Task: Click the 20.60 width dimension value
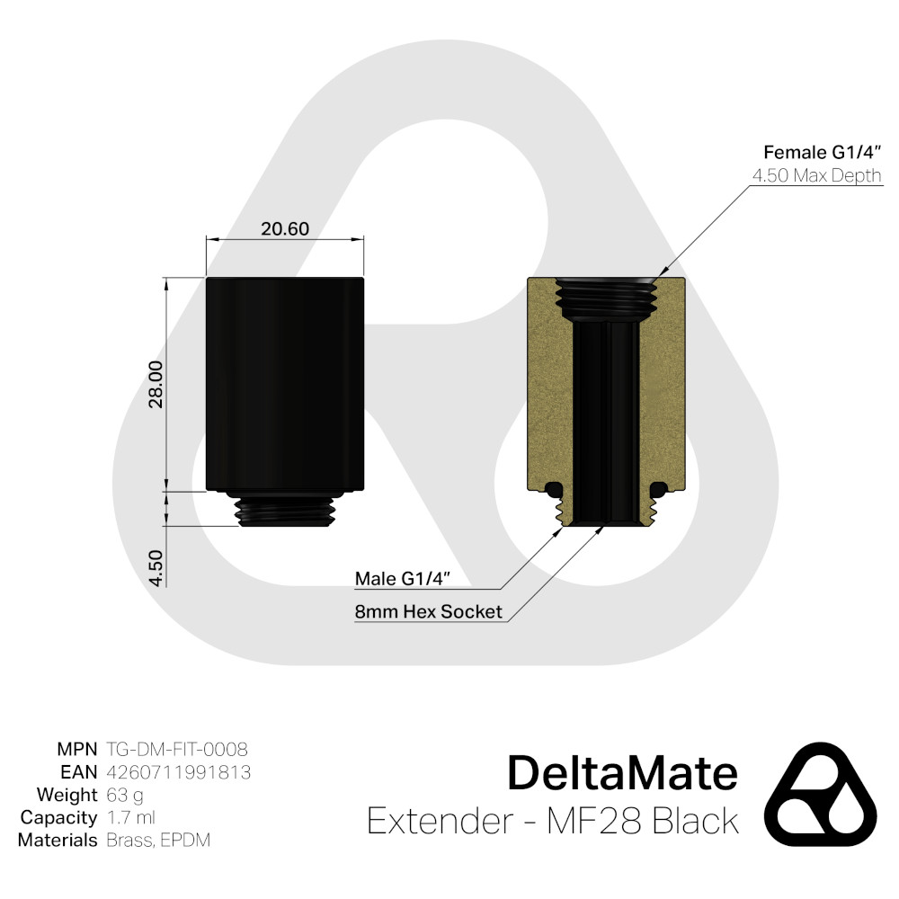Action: tap(285, 229)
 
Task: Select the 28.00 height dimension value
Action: tap(155, 384)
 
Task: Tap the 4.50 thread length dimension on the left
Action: tap(155, 568)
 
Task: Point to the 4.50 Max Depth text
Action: tap(816, 175)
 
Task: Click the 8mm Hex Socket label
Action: tap(428, 612)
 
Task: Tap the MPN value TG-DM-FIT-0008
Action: tap(176, 749)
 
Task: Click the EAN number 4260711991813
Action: tap(178, 772)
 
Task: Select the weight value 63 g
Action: tap(124, 795)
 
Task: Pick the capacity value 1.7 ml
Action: tap(130, 818)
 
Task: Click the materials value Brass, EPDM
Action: tap(159, 841)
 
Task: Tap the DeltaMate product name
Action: tap(622, 773)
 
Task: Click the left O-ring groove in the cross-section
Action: tap(555, 489)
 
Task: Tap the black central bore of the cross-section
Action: tap(607, 414)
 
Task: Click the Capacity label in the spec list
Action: tap(58, 818)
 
